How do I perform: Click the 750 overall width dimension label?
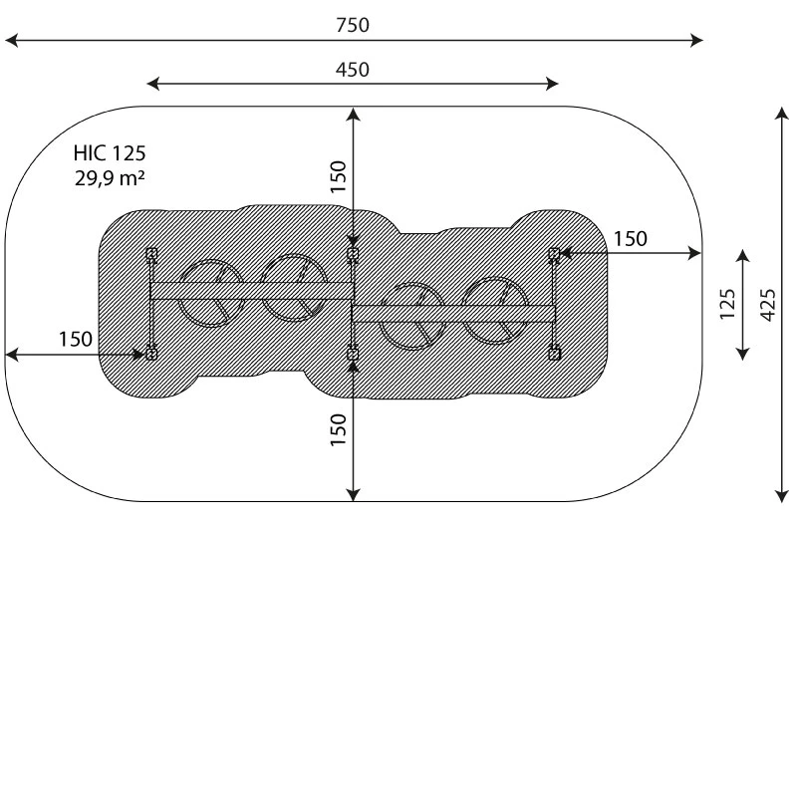tap(353, 25)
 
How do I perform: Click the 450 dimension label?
tap(353, 70)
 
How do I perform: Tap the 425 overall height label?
tap(768, 305)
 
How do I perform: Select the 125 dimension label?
tap(727, 305)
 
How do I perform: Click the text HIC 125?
tap(110, 153)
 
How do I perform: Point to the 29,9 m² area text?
tap(110, 178)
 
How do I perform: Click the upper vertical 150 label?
tap(338, 177)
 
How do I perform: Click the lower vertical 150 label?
tap(338, 430)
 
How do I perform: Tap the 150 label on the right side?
tap(631, 239)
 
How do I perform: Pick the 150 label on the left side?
tap(76, 339)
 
